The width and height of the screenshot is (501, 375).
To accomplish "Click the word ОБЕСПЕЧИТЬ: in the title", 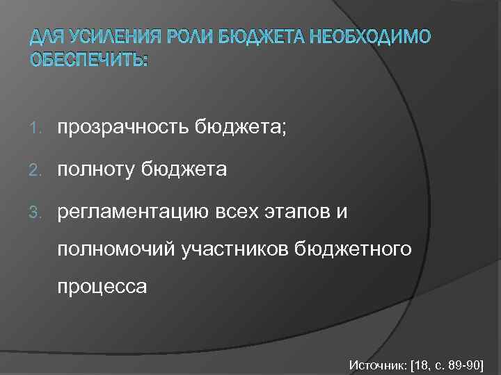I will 89,60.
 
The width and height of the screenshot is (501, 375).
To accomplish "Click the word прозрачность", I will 125,126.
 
